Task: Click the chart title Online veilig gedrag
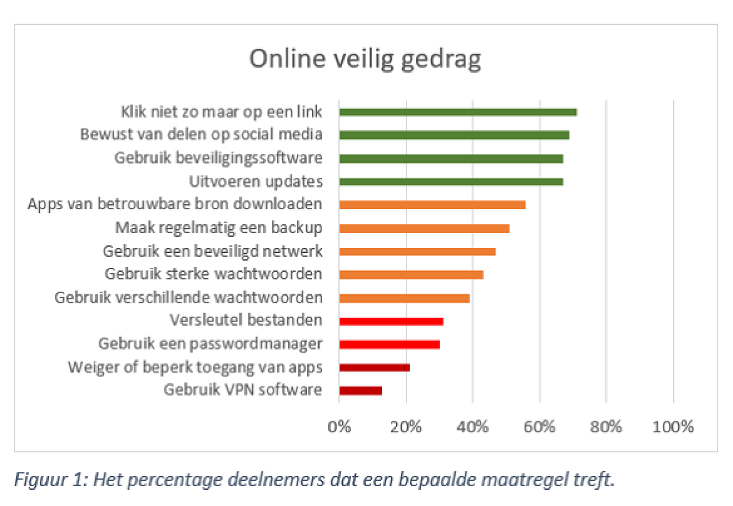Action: pos(365,59)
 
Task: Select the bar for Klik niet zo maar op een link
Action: pos(458,112)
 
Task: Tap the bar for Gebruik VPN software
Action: pos(360,390)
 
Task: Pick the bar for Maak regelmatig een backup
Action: pos(424,229)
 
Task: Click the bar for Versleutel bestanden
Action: pos(391,321)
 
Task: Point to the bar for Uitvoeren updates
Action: pos(451,182)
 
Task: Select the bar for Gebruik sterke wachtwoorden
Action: pos(411,275)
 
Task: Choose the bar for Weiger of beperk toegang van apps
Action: pos(374,368)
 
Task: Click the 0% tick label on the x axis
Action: pos(339,427)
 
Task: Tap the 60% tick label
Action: pos(539,427)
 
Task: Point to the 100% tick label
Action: pos(672,427)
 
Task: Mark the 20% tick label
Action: pos(406,427)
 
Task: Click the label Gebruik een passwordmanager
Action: pos(210,344)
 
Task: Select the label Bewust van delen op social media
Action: pos(201,134)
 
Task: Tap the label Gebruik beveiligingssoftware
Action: pos(218,158)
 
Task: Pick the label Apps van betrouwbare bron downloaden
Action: pos(175,204)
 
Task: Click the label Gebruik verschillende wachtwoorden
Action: pos(188,297)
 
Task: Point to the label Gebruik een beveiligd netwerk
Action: pos(212,251)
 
